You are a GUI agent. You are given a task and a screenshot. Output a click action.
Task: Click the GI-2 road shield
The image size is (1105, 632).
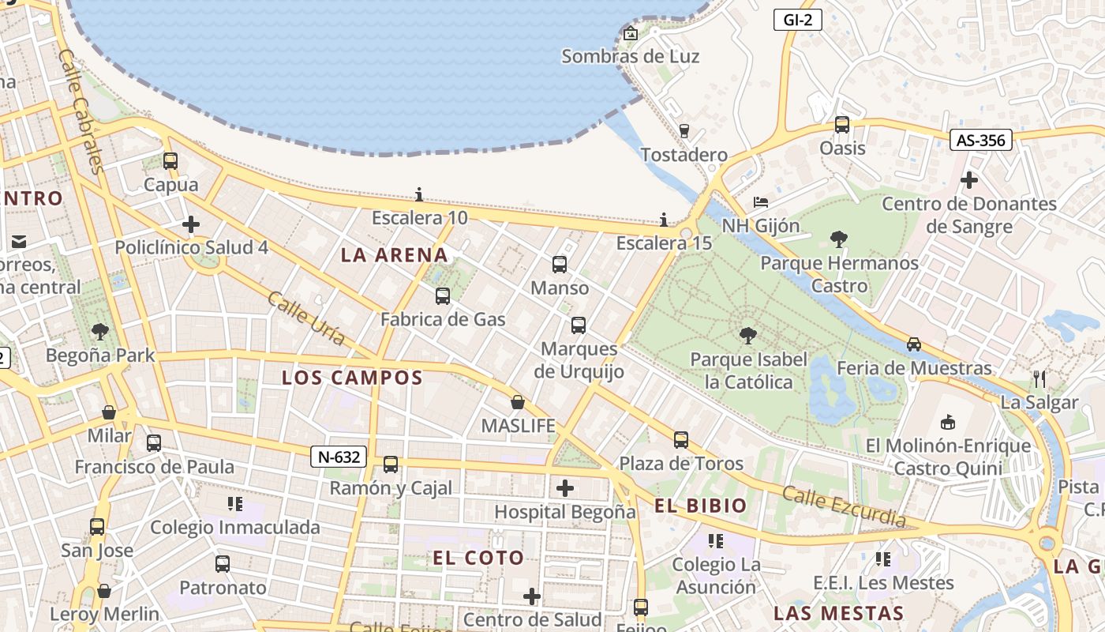point(797,21)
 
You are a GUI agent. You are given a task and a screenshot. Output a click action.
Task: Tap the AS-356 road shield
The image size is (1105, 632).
point(980,141)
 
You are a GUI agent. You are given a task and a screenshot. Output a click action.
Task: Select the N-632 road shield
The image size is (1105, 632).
point(339,457)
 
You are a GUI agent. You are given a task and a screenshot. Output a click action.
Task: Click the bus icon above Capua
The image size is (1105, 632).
point(170,161)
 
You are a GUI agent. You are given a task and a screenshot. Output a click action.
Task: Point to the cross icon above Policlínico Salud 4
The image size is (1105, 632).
point(191,224)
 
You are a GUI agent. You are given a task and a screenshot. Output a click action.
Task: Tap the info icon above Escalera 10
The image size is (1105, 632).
point(419,194)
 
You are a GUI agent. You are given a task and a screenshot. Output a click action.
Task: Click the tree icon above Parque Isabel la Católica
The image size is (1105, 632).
point(748,337)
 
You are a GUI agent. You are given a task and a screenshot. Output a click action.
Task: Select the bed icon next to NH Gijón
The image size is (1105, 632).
point(761,202)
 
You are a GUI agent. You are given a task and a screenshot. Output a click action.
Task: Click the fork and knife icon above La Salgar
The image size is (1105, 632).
point(1039,379)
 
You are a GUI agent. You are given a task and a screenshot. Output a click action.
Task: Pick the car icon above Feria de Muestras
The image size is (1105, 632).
point(913,344)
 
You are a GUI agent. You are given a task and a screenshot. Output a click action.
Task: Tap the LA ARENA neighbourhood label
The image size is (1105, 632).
point(394,255)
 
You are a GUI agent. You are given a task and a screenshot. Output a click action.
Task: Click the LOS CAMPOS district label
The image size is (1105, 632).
point(353,378)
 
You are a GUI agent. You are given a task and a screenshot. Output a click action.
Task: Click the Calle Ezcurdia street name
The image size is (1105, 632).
point(844,506)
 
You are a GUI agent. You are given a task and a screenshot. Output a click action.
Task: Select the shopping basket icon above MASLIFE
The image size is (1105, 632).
point(517,403)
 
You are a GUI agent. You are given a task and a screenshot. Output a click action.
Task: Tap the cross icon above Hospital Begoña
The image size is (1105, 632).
point(565,488)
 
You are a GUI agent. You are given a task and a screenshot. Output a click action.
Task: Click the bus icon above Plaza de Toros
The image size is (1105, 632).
point(681,440)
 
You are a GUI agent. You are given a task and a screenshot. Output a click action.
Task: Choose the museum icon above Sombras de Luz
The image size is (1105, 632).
point(630,33)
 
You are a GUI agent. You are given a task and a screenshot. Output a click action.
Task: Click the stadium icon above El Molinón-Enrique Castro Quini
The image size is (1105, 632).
point(948,422)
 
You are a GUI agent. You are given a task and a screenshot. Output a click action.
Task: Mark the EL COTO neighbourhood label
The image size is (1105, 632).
point(478,558)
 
